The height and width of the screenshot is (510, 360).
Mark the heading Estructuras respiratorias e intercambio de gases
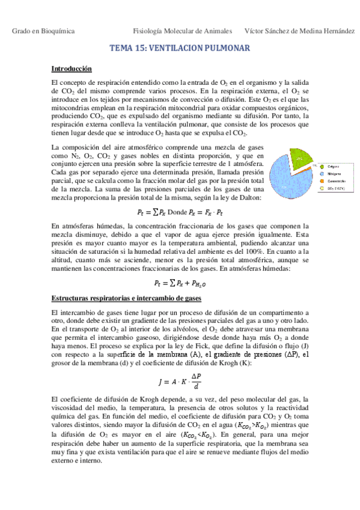[126, 298]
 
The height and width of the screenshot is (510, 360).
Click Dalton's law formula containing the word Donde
[180, 212]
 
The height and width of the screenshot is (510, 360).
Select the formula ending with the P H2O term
[180, 283]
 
